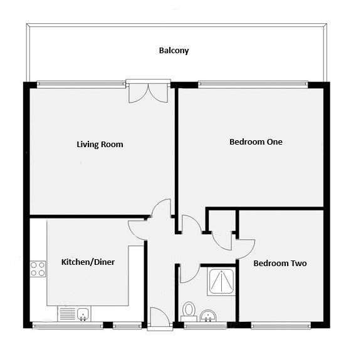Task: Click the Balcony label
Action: click(174, 51)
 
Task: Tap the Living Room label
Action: click(100, 145)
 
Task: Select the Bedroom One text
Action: click(256, 141)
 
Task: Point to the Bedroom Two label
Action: click(280, 263)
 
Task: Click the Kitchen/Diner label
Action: click(88, 262)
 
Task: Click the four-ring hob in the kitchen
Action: click(38, 269)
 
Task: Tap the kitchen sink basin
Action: click(83, 314)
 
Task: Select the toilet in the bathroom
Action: click(189, 312)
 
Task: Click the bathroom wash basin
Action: click(208, 316)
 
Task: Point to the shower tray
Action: click(221, 281)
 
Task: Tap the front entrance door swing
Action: click(160, 316)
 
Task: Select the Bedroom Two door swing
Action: click(246, 249)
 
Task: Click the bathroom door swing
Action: click(190, 273)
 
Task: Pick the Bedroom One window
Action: click(253, 84)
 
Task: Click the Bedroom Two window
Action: click(281, 326)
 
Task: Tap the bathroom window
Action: click(206, 326)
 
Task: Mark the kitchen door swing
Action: click(137, 230)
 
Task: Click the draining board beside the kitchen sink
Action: click(67, 314)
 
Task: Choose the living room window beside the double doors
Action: click(81, 84)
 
